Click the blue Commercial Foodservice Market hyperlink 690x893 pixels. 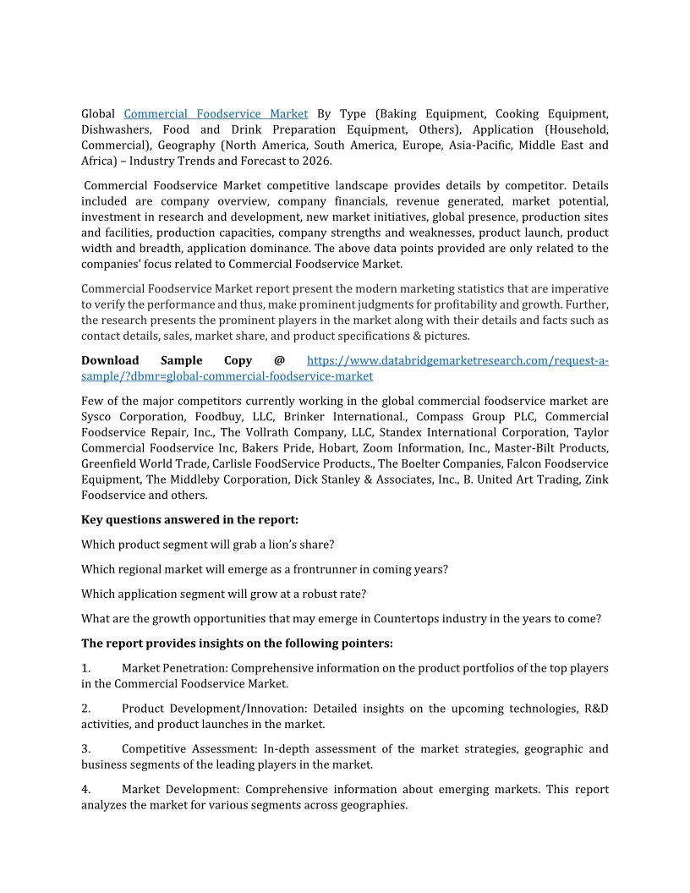216,113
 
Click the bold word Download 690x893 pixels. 110,360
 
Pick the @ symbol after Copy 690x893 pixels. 279,360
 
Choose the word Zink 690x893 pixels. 596,479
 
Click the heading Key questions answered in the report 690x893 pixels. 189,519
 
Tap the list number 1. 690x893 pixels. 85,668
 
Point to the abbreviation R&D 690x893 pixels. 596,709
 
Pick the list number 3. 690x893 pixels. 85,749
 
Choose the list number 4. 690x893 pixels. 85,790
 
